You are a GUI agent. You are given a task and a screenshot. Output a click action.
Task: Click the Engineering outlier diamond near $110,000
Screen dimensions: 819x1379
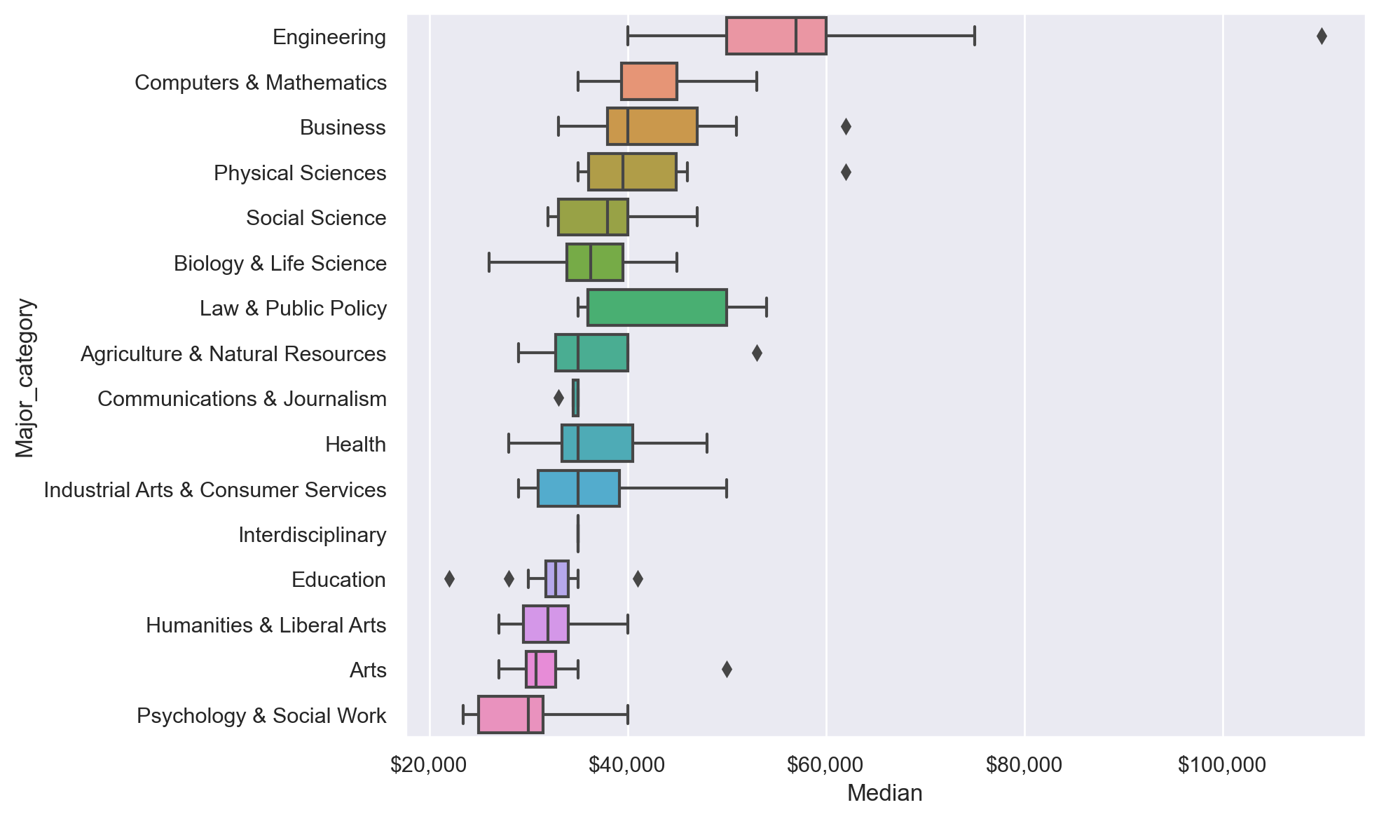[x=1322, y=36]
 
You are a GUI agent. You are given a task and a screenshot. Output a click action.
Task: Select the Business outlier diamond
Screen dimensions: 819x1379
[x=846, y=127]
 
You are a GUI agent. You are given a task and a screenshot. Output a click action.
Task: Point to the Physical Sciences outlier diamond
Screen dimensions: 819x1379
[x=846, y=172]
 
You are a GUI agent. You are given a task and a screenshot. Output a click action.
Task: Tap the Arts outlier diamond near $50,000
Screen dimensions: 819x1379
[x=727, y=670]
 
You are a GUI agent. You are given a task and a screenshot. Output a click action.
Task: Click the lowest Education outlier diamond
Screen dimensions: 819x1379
[x=449, y=579]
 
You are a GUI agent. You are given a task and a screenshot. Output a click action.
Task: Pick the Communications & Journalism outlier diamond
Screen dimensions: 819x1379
[x=558, y=398]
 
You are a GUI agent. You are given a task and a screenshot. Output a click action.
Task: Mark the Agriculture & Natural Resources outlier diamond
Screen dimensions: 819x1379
[x=757, y=353]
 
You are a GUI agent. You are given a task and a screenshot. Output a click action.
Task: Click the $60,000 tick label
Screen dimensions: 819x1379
[x=825, y=765]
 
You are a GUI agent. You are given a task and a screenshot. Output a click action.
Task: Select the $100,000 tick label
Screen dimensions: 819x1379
[x=1221, y=765]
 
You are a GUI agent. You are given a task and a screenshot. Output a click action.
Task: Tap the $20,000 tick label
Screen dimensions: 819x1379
[x=428, y=765]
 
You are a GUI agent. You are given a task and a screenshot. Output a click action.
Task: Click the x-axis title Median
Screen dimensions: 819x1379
[x=884, y=793]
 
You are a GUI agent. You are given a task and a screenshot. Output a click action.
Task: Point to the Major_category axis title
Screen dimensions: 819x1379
[x=25, y=378]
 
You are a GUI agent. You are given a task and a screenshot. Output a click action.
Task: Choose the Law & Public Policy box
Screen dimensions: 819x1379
[x=657, y=308]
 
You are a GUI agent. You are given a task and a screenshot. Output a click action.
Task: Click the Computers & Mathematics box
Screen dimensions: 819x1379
[x=649, y=82]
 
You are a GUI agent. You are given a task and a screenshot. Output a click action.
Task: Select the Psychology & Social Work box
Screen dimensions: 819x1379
[x=510, y=715]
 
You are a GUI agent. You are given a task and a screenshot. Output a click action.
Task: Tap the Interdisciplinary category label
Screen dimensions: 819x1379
[x=312, y=535]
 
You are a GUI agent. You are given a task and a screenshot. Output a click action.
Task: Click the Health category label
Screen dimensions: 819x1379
[x=355, y=445]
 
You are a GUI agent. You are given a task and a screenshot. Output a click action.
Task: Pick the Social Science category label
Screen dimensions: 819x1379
[x=316, y=218]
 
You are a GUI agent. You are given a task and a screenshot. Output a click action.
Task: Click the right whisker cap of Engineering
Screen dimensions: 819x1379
[x=975, y=36]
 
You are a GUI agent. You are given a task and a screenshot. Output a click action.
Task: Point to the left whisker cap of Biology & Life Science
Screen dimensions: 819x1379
[x=489, y=263]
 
